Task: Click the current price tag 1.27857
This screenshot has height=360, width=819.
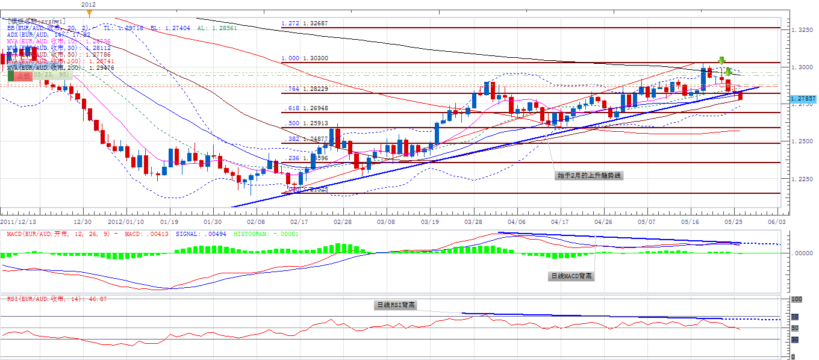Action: pos(803,98)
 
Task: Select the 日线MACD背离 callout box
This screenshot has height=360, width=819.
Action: pos(571,276)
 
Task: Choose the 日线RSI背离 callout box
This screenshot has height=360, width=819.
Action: pos(396,305)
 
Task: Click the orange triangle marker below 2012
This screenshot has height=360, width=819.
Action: pos(89,12)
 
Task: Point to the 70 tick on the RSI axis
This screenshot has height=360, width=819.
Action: pos(795,317)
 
